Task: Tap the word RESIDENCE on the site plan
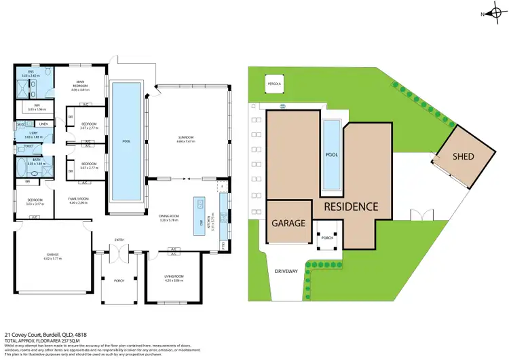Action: click(x=350, y=206)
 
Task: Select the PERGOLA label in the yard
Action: click(x=275, y=84)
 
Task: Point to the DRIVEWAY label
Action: click(x=286, y=271)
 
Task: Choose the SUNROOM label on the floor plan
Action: click(x=185, y=138)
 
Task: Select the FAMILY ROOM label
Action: click(x=79, y=200)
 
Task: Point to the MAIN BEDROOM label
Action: click(x=81, y=84)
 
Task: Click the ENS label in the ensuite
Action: click(x=31, y=72)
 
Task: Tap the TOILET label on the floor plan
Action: click(x=29, y=146)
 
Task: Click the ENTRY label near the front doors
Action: click(x=119, y=240)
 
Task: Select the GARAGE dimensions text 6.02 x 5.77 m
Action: click(x=52, y=259)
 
